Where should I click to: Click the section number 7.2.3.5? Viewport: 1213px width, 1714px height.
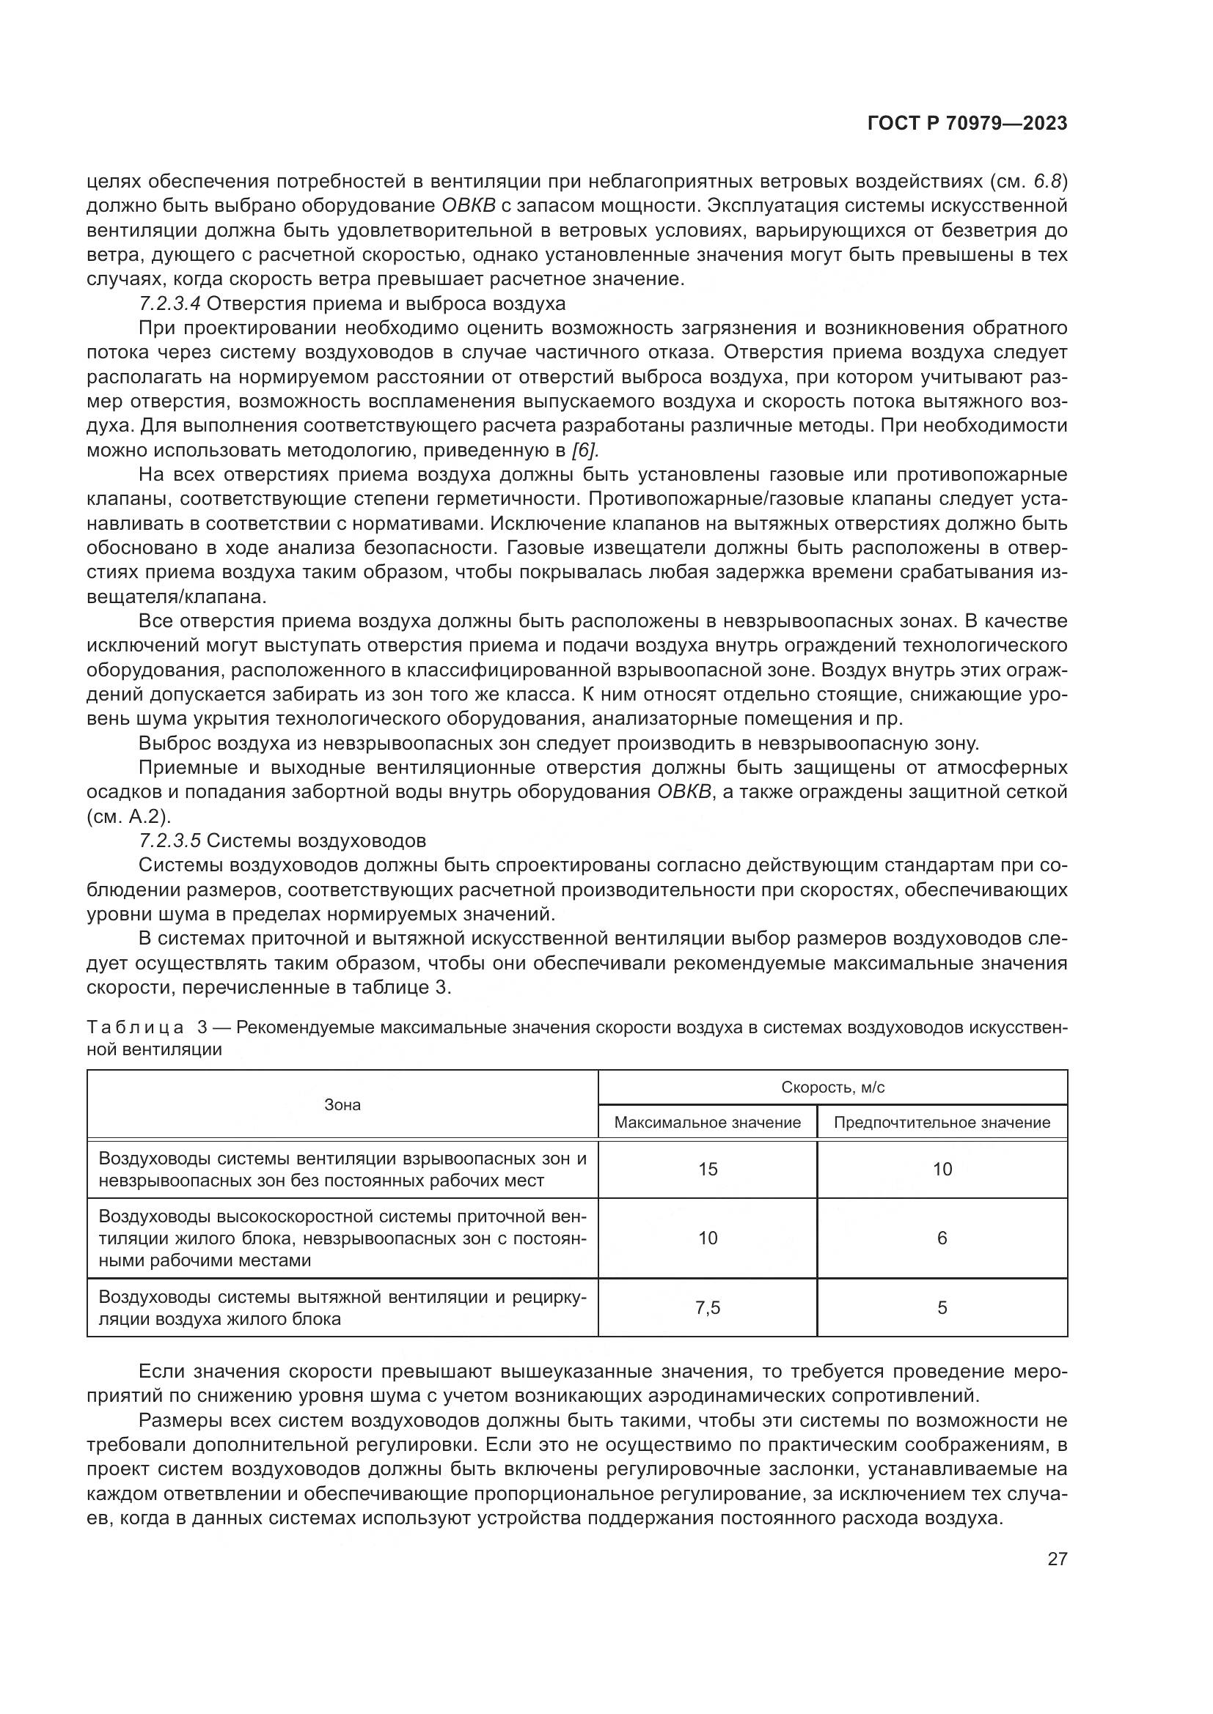point(169,841)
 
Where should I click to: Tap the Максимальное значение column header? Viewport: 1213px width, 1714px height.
point(706,1123)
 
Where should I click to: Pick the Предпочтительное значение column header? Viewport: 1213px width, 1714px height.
point(941,1123)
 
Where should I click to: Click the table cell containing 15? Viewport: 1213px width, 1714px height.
point(707,1170)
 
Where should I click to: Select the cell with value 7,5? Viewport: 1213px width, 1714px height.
point(707,1307)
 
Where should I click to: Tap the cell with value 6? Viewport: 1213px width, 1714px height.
point(942,1238)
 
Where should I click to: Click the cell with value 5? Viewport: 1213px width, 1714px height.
point(942,1307)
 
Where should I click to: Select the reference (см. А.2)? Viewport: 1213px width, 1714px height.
point(129,816)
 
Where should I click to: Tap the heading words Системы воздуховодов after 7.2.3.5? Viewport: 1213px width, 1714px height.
point(316,841)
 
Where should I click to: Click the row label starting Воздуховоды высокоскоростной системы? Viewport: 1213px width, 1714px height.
point(342,1238)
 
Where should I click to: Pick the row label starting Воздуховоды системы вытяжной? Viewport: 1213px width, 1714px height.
point(342,1307)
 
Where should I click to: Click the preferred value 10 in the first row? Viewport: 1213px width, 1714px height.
point(942,1170)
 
